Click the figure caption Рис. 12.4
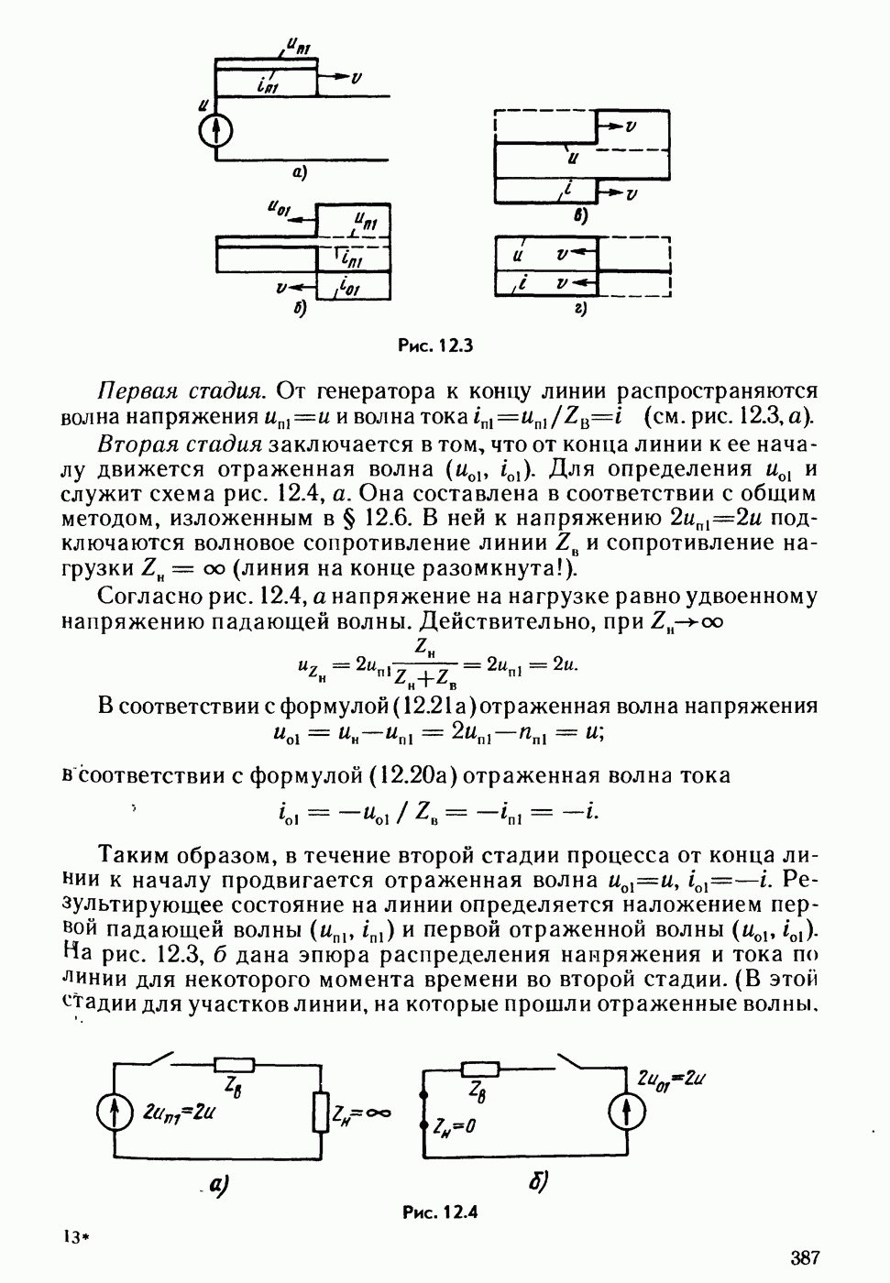click(x=440, y=1212)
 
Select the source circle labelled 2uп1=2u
click(x=115, y=1114)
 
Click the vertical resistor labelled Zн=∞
click(x=320, y=1112)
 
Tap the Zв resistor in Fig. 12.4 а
click(x=233, y=1064)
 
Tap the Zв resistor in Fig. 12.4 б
click(x=479, y=1069)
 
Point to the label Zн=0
click(x=455, y=1126)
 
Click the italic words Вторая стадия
click(x=180, y=444)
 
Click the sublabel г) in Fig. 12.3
click(x=580, y=309)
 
